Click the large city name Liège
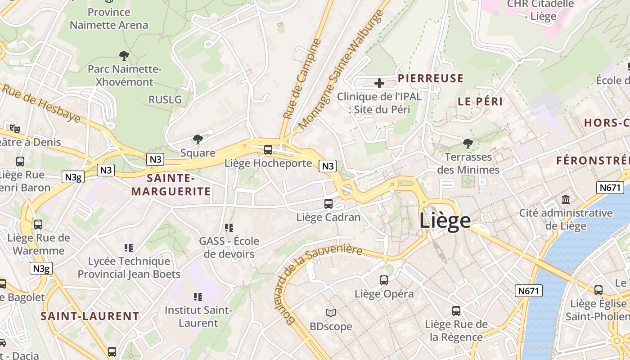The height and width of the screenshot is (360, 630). [x=445, y=221]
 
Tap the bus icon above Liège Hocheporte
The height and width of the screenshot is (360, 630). [x=268, y=149]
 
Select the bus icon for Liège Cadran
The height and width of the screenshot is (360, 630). [x=328, y=203]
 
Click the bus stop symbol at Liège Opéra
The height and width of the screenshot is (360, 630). [x=384, y=280]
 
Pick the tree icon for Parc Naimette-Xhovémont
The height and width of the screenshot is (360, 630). [x=124, y=56]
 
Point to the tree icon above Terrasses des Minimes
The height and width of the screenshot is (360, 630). [x=468, y=144]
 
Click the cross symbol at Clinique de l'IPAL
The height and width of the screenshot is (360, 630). [x=379, y=83]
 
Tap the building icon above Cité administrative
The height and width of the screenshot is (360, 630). [x=566, y=199]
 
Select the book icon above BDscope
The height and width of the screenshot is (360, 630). [x=331, y=312]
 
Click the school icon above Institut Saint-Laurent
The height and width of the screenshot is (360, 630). [x=198, y=297]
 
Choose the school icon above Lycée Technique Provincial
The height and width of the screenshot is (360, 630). [x=129, y=247]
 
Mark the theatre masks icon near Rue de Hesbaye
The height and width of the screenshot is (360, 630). [x=15, y=129]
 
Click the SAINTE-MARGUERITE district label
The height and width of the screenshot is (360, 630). [x=171, y=185]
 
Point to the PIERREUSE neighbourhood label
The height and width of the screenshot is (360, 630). [x=431, y=78]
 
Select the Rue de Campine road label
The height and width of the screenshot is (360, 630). [x=302, y=79]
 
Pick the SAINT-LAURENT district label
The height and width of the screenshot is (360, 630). [x=90, y=316]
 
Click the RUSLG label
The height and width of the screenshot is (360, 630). [x=165, y=99]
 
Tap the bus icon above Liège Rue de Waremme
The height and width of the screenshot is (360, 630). [x=38, y=224]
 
